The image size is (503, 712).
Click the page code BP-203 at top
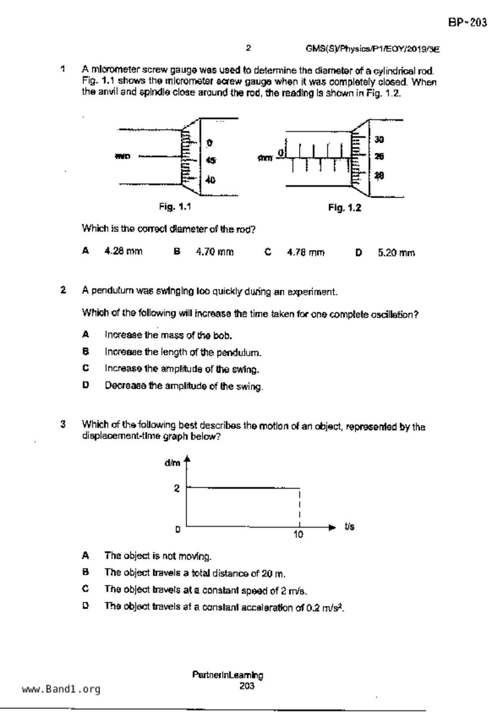[x=467, y=22]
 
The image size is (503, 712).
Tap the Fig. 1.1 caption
[x=175, y=207]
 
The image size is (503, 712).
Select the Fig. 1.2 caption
[x=344, y=208]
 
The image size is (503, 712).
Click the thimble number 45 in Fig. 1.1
[x=211, y=160]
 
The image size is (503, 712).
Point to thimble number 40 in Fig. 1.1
[x=210, y=180]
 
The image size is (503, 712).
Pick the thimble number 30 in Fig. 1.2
[x=379, y=140]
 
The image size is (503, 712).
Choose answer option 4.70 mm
[x=215, y=252]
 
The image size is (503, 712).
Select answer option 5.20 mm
[x=396, y=253]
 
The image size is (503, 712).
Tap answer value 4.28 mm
[x=123, y=251]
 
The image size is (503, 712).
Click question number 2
[x=63, y=290]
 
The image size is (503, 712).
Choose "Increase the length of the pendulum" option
[x=183, y=352]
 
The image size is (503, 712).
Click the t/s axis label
[x=349, y=526]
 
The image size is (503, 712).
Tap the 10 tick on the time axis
[x=298, y=535]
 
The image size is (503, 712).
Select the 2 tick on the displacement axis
[x=177, y=488]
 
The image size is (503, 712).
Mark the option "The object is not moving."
[x=158, y=556]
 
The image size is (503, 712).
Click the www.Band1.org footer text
[x=61, y=689]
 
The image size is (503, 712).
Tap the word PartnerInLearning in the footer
[x=227, y=675]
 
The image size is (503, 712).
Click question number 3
[x=63, y=425]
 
